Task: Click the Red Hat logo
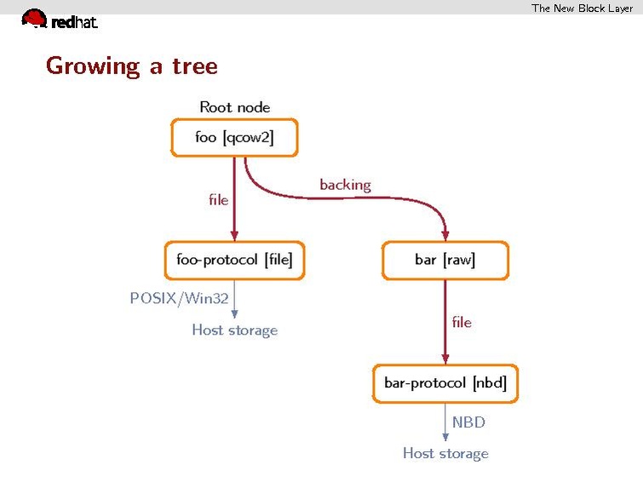[59, 20]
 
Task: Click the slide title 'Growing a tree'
[131, 66]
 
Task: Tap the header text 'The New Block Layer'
[582, 9]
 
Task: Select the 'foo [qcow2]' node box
[234, 137]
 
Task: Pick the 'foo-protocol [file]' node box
[234, 261]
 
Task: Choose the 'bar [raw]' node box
[445, 261]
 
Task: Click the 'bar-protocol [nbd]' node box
[445, 383]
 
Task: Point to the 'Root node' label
[234, 107]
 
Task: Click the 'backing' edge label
[345, 185]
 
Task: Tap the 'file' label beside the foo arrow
[218, 200]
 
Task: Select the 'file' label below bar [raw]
[461, 323]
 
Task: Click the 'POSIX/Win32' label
[179, 299]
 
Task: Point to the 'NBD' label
[468, 422]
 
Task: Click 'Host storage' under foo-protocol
[234, 330]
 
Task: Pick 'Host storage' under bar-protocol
[445, 454]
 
